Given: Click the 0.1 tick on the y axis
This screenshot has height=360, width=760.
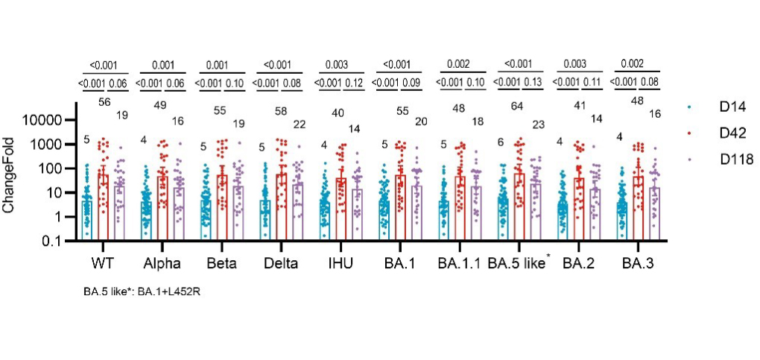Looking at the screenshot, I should click(60, 241).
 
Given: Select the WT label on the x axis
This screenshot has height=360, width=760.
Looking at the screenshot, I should click(98, 263).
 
